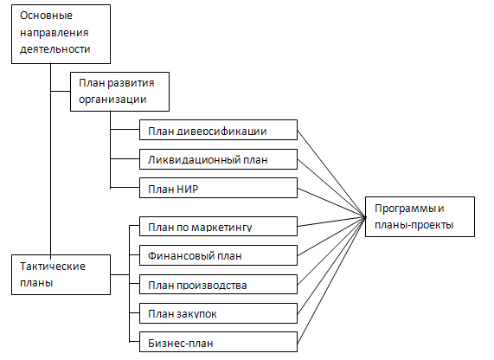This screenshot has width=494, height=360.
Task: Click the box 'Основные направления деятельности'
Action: point(61,34)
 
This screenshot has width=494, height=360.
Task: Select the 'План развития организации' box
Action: point(119,92)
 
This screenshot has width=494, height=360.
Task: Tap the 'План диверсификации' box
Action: point(218,130)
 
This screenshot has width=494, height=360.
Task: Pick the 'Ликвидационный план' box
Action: point(218,159)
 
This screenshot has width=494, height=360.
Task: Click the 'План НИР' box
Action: point(218,188)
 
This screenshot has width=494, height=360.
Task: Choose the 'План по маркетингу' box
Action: point(218,226)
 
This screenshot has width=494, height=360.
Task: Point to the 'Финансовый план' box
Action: point(218,255)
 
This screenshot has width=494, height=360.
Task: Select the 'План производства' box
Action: point(218,285)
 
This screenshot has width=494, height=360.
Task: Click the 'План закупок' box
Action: point(218,313)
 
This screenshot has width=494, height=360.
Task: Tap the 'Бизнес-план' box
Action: point(218,342)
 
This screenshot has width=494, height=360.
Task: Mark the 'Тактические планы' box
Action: point(61,274)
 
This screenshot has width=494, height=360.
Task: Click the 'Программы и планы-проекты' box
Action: point(420,216)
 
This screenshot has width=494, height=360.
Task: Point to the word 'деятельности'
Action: point(55,49)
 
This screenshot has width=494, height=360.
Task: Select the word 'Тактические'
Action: point(53,267)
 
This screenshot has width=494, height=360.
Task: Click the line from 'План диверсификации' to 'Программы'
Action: point(331,174)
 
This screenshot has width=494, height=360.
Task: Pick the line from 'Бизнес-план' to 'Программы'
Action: point(331,280)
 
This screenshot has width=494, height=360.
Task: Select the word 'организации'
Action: point(112,100)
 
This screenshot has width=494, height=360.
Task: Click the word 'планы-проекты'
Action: point(414,225)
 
